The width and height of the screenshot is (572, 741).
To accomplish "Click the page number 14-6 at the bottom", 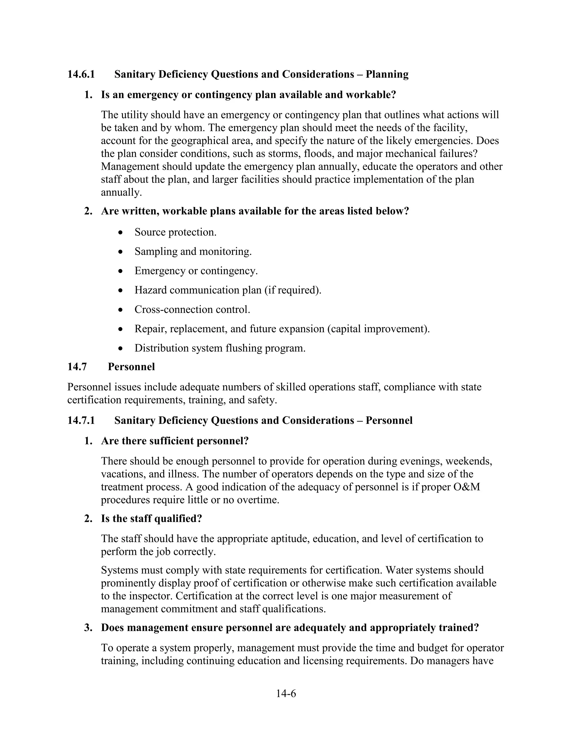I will (286, 693).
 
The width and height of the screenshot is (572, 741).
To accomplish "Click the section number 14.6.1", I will (81, 74).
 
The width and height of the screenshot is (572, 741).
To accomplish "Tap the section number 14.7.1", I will (81, 420).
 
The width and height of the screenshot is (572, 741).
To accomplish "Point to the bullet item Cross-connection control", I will (192, 310).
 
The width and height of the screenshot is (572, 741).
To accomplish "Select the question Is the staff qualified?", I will (151, 518).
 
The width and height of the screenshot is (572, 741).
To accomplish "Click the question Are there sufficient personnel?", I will (175, 441).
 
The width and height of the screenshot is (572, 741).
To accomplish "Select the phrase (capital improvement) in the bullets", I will (378, 329).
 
